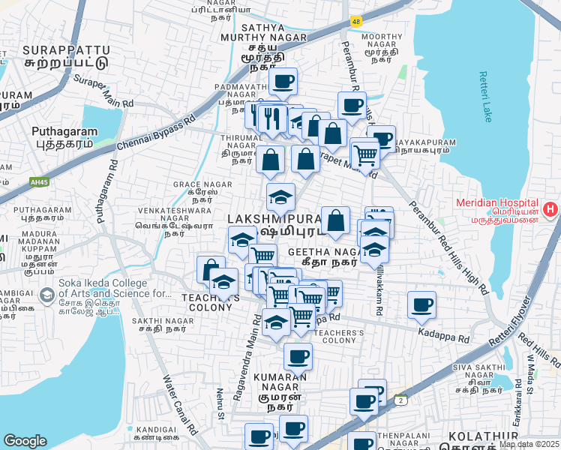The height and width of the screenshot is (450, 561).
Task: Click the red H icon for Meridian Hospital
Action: (551, 209)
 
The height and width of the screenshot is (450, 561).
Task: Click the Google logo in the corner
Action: (25, 441)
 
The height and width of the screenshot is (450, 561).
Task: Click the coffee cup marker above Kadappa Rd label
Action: (422, 304)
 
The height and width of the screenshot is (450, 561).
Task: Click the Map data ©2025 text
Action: (529, 444)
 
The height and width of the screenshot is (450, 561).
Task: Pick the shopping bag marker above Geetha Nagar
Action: (336, 220)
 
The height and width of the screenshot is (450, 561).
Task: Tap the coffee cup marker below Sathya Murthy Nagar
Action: (283, 81)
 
